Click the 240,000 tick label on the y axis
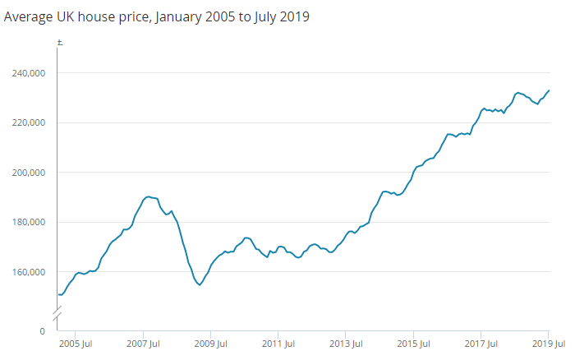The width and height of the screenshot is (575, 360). pos(27,73)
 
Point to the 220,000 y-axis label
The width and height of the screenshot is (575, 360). pos(27,122)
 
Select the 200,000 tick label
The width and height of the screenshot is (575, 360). pos(27,173)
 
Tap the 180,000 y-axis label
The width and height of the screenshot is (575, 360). pos(27,222)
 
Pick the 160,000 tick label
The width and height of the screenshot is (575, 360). pos(27,272)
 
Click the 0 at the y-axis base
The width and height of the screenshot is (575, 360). pos(41,330)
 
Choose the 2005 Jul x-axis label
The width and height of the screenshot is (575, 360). pos(77,344)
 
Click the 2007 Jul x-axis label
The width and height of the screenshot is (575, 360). pos(144,344)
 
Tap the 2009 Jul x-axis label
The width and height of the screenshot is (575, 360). pos(211,344)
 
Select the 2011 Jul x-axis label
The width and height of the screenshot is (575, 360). pos(278,344)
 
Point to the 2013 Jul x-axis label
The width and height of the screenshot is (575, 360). pos(346,344)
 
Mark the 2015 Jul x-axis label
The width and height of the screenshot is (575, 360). pos(413,344)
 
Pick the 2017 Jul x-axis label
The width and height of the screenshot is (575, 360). pos(481,344)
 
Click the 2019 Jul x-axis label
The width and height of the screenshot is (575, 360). pos(547,344)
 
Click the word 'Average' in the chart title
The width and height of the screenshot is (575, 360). pos(30,16)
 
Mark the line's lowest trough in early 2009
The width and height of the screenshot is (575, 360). pos(200,285)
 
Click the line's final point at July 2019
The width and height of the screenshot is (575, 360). pos(549,90)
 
